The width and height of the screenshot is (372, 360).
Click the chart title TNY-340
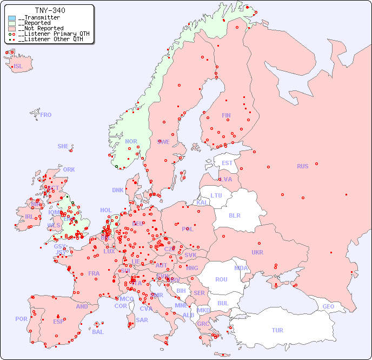[50, 10]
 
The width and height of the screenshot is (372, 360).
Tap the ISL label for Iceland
[18, 67]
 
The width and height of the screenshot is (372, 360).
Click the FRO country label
[46, 115]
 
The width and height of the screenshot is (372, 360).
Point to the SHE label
[63, 146]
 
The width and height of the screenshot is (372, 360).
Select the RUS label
[302, 166]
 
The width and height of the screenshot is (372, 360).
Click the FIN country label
[226, 115]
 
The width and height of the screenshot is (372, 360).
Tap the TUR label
[277, 330]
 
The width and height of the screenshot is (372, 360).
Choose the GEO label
[328, 306]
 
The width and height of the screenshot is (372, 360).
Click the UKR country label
[257, 252]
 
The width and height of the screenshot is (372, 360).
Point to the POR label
[21, 319]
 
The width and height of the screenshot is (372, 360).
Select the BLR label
[235, 215]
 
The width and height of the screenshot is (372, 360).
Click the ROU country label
[221, 279]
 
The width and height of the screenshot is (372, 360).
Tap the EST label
[227, 163]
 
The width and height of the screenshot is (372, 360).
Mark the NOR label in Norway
[131, 141]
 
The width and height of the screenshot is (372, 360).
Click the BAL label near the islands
[98, 332]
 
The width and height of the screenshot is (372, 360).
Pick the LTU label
[216, 195]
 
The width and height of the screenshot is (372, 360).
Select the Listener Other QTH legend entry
[50, 39]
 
